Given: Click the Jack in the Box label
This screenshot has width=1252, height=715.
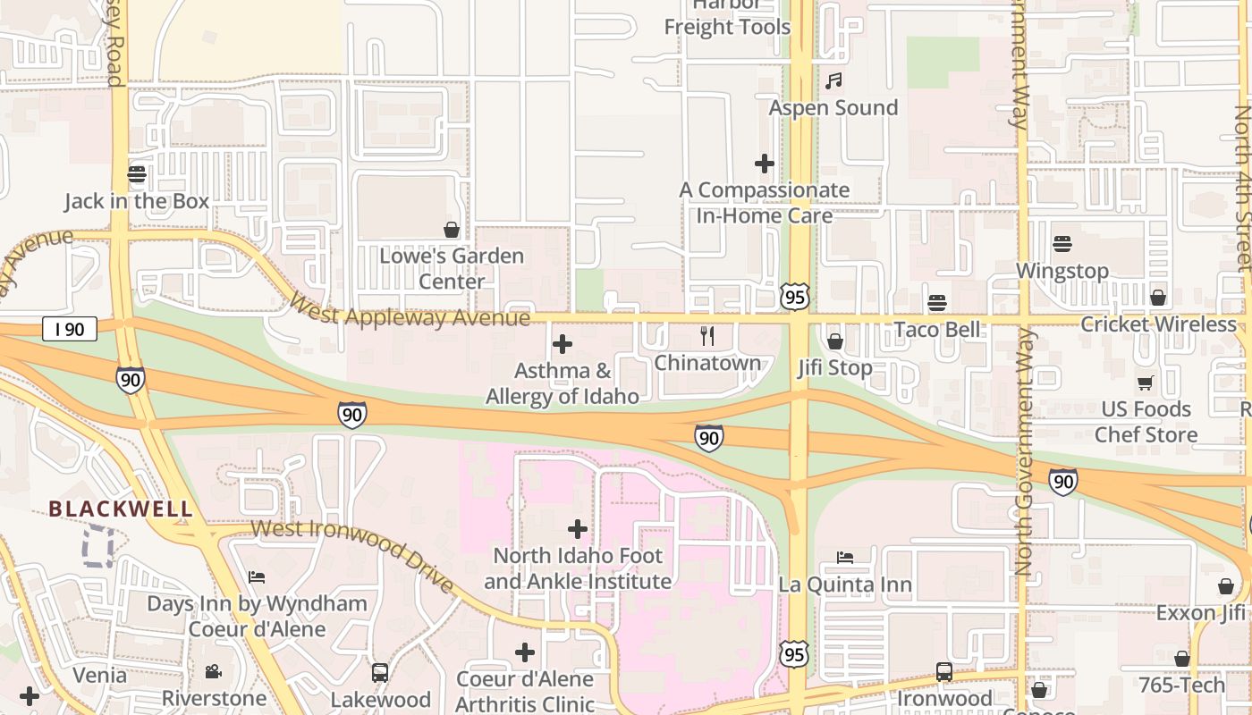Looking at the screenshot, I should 137,201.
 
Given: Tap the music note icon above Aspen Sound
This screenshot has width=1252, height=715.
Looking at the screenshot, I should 833,81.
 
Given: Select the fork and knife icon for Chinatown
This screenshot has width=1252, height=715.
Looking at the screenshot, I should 706,336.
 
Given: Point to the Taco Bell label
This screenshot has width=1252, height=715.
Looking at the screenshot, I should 937,329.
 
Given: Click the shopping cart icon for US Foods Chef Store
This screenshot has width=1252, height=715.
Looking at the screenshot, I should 1146,383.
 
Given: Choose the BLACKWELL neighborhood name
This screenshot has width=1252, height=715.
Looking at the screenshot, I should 121,509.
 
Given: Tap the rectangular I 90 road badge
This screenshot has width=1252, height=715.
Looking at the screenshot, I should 69,329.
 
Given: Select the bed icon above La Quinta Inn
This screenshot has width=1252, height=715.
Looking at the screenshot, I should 845,558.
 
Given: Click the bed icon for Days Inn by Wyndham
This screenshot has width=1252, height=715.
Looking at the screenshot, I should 257,576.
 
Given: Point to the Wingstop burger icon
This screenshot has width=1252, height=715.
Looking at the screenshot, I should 1062,243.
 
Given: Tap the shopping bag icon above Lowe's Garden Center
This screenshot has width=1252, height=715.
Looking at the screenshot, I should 452,230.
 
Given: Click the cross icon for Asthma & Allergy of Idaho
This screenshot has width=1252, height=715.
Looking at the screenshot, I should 563,343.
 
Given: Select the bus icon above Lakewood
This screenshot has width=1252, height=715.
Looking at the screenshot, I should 380,672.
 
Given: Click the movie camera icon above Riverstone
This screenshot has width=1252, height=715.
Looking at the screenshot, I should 214,671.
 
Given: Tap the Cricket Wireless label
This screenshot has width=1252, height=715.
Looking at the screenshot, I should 1158,324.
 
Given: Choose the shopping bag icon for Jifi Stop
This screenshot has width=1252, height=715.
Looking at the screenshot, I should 835,341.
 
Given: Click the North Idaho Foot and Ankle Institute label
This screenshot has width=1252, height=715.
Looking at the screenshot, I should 578,568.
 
